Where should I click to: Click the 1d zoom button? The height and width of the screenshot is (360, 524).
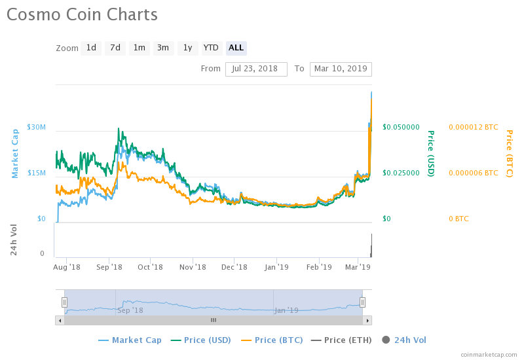pyautogui.click(x=91, y=48)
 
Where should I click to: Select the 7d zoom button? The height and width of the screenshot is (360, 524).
pyautogui.click(x=115, y=48)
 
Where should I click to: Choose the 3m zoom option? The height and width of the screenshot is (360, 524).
pyautogui.click(x=162, y=48)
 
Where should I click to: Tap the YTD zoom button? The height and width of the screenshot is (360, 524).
pyautogui.click(x=211, y=48)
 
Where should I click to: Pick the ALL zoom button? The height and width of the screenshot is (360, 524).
pyautogui.click(x=236, y=48)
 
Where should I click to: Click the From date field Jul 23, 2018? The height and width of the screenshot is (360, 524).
pyautogui.click(x=256, y=69)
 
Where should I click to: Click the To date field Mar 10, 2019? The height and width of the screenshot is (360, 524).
pyautogui.click(x=341, y=69)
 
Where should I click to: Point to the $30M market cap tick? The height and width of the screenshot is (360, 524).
pyautogui.click(x=36, y=127)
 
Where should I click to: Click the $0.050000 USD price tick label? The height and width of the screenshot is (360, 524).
pyautogui.click(x=401, y=127)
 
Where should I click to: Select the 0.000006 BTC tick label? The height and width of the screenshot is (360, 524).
pyautogui.click(x=473, y=173)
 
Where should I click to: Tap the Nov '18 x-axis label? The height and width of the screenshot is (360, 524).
pyautogui.click(x=193, y=267)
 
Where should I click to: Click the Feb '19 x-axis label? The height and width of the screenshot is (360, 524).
pyautogui.click(x=319, y=267)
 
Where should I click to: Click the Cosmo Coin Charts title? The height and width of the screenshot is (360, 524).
pyautogui.click(x=82, y=14)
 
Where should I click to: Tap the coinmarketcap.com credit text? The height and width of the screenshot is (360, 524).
pyautogui.click(x=489, y=354)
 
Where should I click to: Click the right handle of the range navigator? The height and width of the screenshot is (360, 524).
pyautogui.click(x=362, y=302)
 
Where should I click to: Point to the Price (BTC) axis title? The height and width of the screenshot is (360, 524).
pyautogui.click(x=509, y=154)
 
